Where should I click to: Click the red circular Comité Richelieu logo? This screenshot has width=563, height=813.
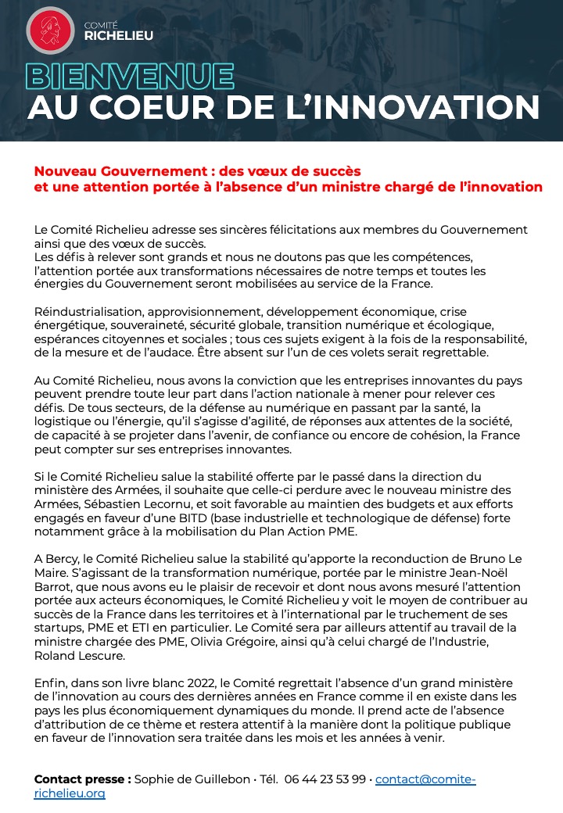pyautogui.click(x=51, y=30)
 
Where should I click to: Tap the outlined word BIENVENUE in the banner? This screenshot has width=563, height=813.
pyautogui.click(x=130, y=76)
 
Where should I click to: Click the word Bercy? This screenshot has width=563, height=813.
pyautogui.click(x=62, y=560)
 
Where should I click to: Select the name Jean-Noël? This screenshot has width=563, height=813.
pyautogui.click(x=502, y=573)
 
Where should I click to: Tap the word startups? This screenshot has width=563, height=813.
pyautogui.click(x=59, y=628)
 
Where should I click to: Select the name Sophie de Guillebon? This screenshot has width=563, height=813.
pyautogui.click(x=192, y=779)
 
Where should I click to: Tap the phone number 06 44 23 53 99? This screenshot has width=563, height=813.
pyautogui.click(x=326, y=779)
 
